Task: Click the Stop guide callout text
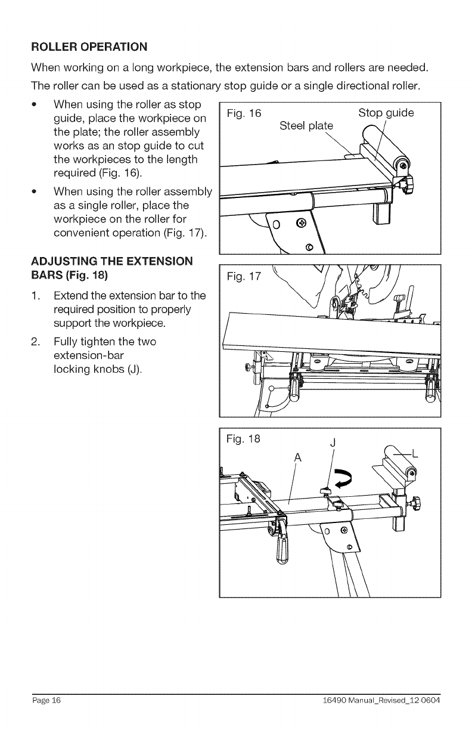click(x=386, y=113)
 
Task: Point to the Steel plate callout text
click(x=306, y=126)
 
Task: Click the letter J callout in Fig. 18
click(x=333, y=443)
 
